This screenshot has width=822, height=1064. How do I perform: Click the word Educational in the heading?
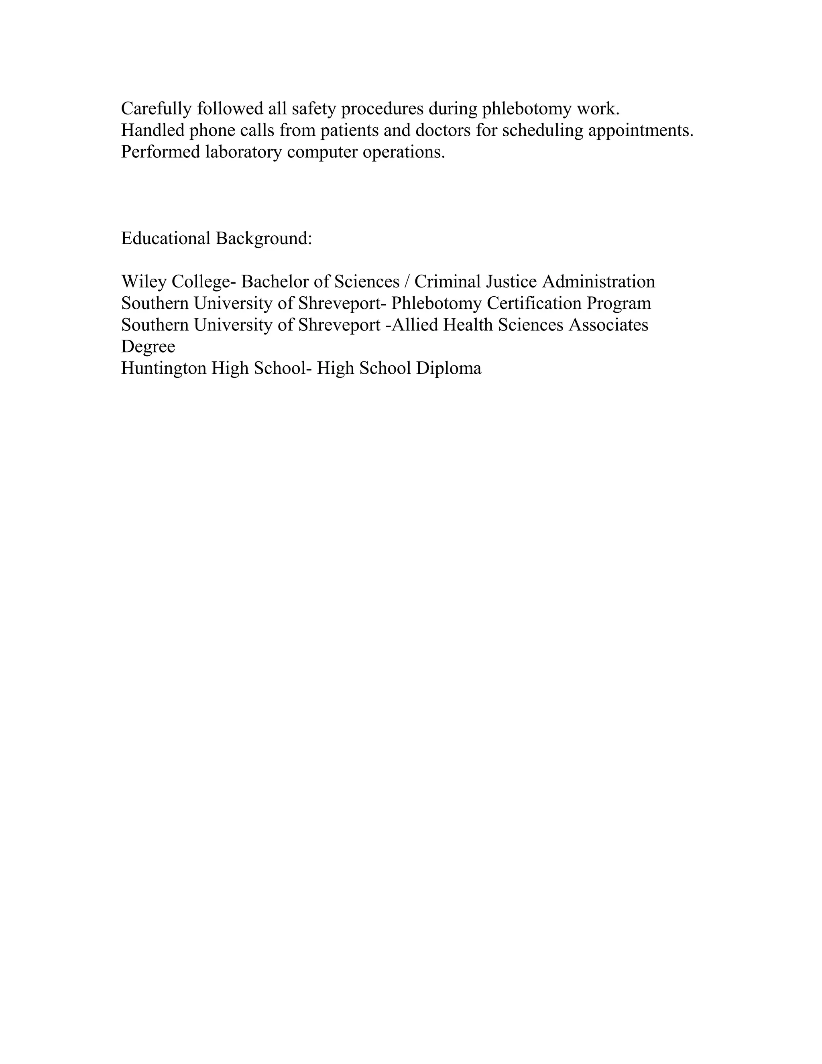(x=166, y=238)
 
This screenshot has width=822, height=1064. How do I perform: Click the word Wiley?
(x=144, y=281)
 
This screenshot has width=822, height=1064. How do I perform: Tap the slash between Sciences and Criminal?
(x=407, y=281)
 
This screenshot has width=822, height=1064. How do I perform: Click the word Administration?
(x=598, y=281)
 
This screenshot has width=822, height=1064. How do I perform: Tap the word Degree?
(x=148, y=347)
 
